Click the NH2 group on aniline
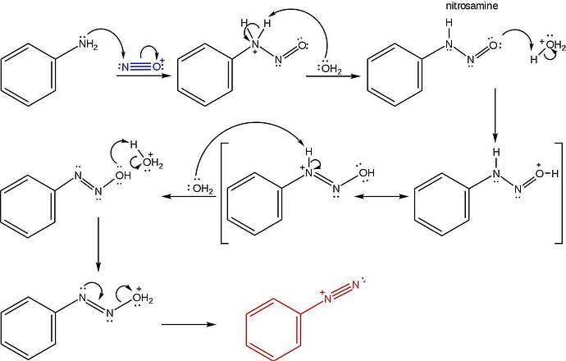point(87,45)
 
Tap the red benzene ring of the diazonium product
point(273,329)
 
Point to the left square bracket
point(224,193)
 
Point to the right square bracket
point(559,193)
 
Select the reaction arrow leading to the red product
point(189,324)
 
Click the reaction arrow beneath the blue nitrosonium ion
point(144,75)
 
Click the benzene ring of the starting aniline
point(29,75)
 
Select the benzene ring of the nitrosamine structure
point(395,75)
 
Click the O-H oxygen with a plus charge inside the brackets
point(541,173)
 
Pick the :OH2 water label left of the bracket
point(201,188)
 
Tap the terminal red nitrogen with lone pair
point(357,285)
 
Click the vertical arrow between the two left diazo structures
point(98,244)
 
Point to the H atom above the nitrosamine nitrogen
point(449,23)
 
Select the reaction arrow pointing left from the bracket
point(189,196)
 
